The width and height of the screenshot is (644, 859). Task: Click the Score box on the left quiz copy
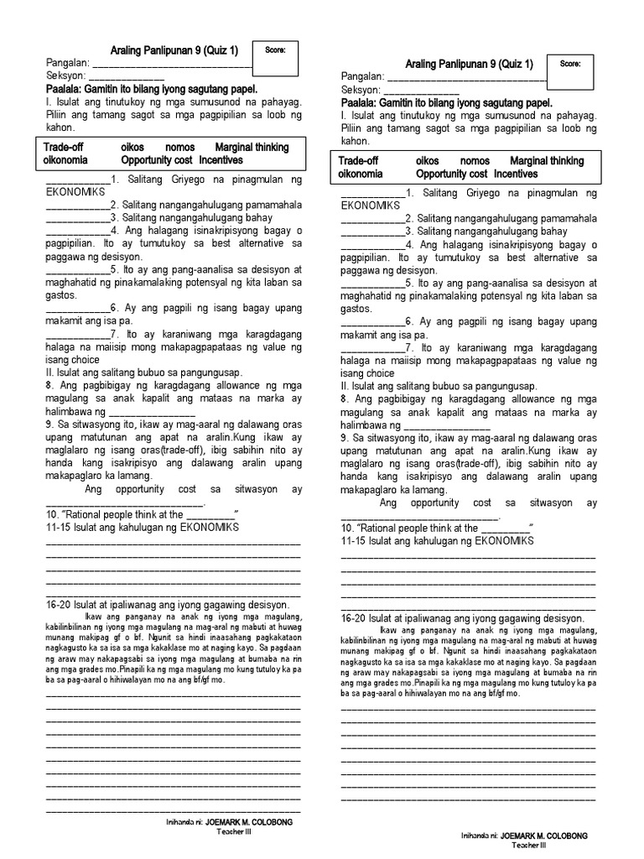tap(276, 57)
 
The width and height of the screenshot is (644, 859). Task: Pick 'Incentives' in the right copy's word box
tap(517, 174)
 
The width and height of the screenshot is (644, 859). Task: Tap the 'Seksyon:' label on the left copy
tap(66, 76)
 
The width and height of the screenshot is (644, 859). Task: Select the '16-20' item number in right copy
tap(354, 618)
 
